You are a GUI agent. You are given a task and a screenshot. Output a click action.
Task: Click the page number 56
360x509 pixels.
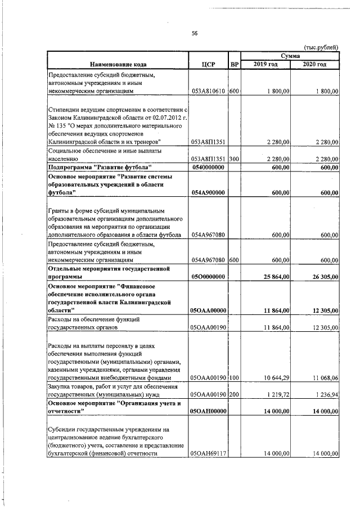coord(195,33)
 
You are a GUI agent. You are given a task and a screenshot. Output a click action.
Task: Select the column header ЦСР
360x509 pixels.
coord(209,64)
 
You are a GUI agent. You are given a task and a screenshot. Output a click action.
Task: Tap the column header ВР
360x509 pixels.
coord(235,64)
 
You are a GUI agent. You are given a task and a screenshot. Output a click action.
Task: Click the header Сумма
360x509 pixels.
coord(290,56)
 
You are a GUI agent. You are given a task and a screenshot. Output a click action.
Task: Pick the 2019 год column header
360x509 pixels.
coord(265,64)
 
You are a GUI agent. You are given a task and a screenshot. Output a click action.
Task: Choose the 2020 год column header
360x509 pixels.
coord(314,64)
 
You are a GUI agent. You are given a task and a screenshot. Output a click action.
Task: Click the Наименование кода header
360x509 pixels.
coord(118,64)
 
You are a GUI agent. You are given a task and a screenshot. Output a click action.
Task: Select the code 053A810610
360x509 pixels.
coord(209,91)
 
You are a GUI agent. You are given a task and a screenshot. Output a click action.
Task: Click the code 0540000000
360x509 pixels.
coord(209,168)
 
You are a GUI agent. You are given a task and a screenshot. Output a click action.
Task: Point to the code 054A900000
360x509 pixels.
coord(209,193)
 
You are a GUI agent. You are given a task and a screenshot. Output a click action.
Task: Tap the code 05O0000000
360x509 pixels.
coord(209,277)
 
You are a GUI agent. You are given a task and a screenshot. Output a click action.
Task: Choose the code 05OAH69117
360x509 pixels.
coord(209,453)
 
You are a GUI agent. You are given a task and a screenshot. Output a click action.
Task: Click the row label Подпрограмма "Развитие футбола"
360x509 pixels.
coord(100,168)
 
